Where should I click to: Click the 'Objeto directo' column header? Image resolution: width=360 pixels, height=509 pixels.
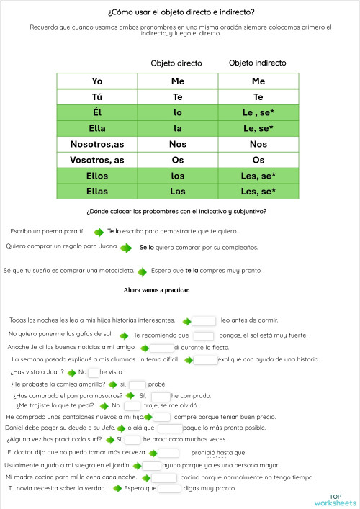(x=176, y=63)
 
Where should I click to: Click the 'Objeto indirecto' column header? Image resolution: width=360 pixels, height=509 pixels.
(x=257, y=63)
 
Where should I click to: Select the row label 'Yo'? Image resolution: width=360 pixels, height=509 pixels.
(x=97, y=81)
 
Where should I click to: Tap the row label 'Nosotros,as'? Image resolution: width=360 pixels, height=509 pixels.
(x=97, y=144)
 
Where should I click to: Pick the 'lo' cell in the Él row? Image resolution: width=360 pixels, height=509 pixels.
(x=178, y=112)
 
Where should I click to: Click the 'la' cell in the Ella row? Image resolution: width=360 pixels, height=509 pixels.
(x=178, y=128)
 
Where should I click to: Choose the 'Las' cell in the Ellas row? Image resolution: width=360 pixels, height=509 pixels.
(x=178, y=192)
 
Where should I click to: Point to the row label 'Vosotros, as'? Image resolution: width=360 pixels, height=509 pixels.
(x=97, y=160)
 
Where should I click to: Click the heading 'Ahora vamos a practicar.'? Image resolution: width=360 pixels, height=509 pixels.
(x=156, y=290)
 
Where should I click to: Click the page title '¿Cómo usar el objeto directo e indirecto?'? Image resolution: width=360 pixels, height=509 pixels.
(x=180, y=12)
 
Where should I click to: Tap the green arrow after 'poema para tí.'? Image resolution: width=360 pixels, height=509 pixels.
(x=94, y=232)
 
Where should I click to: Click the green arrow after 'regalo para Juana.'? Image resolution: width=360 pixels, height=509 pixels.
(x=126, y=248)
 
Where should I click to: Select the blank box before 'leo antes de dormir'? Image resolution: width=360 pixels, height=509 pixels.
(x=204, y=321)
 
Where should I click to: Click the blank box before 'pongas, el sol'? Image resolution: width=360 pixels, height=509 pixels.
(x=204, y=335)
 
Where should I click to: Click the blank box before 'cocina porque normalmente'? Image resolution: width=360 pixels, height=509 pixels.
(x=164, y=477)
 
